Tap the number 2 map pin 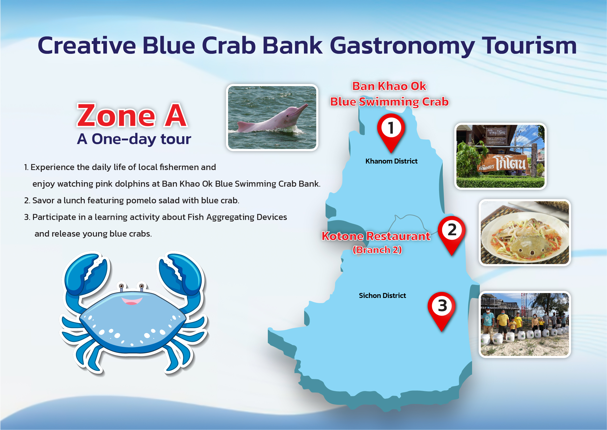(452, 233)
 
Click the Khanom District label (391, 161)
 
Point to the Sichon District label (382, 296)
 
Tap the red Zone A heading (132, 115)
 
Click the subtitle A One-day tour (134, 139)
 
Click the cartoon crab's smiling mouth (132, 301)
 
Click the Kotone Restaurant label (376, 236)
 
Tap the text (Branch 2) (377, 250)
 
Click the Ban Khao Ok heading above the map (389, 86)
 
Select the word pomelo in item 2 (139, 201)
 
